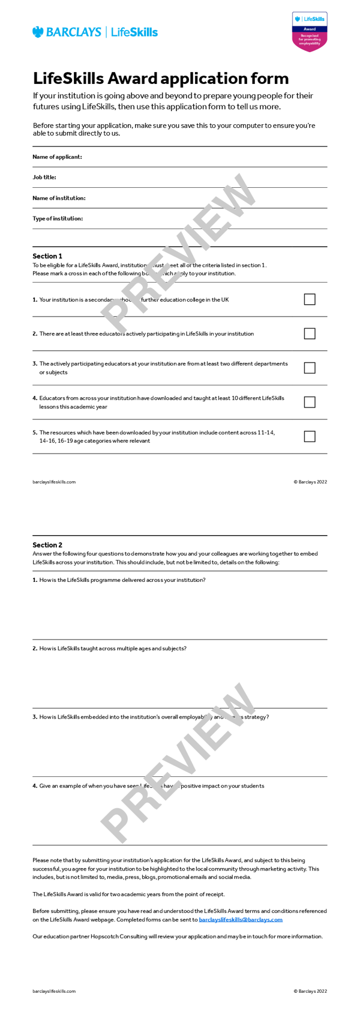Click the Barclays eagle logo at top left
click(x=38, y=32)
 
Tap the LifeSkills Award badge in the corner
click(x=310, y=32)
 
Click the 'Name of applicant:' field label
click(x=57, y=157)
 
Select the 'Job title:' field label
click(x=44, y=178)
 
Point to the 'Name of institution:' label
click(x=59, y=198)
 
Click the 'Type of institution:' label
click(x=58, y=218)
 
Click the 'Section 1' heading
click(x=47, y=256)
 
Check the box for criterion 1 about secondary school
click(x=310, y=299)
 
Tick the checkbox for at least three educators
click(x=310, y=334)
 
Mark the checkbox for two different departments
click(x=310, y=368)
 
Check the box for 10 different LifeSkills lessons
click(x=310, y=402)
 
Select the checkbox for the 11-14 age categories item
click(x=310, y=436)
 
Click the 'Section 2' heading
click(x=47, y=545)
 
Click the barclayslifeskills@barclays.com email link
click(x=241, y=920)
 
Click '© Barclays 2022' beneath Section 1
click(x=310, y=482)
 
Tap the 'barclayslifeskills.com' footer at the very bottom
click(x=54, y=991)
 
